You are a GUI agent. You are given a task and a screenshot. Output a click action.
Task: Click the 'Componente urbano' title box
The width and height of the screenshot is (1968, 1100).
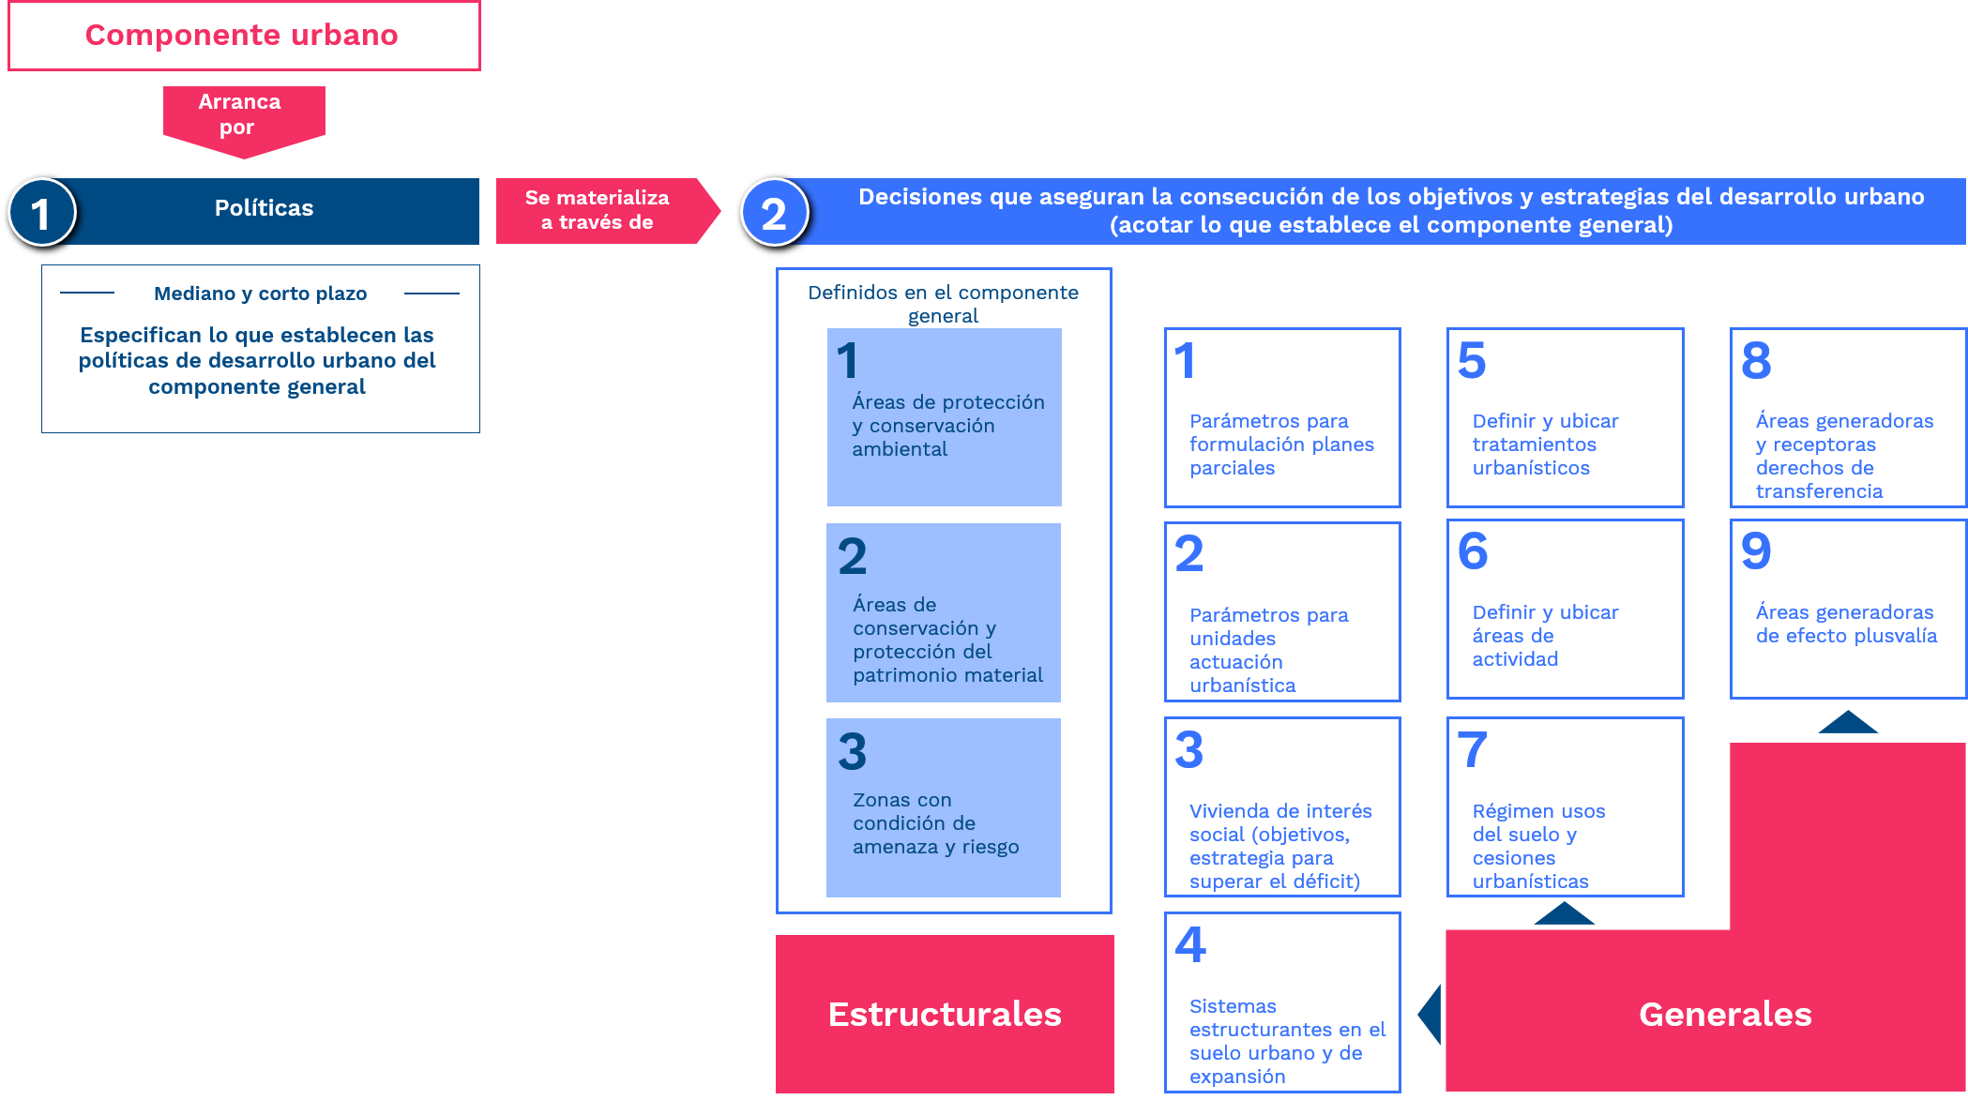coord(244,36)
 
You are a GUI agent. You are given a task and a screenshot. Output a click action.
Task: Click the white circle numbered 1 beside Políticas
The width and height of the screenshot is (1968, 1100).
coord(41,213)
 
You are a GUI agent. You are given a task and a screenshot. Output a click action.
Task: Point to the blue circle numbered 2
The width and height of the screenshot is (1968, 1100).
coord(774,213)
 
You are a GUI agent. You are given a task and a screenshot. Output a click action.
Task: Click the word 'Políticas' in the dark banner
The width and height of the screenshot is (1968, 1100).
coord(264,208)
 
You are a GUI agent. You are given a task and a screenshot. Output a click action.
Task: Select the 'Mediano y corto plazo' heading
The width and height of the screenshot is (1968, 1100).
coord(260,294)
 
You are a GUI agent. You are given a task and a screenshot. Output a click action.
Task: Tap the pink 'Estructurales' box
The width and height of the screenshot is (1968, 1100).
coord(945,1014)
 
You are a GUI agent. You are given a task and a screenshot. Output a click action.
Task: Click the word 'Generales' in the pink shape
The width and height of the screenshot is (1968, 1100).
coord(1725,1015)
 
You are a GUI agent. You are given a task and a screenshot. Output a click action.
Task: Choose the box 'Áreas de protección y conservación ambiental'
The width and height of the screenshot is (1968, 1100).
coord(944,417)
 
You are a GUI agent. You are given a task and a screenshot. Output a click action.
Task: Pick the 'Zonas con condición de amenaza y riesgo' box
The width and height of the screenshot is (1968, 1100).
coord(944,807)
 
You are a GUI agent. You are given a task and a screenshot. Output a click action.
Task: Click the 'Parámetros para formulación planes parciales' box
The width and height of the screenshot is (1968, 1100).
coord(1282,417)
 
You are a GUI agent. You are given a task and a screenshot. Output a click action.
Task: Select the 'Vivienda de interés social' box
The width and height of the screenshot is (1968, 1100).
coord(1282,807)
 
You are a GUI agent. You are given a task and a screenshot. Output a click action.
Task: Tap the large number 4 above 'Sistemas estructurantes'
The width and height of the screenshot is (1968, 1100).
coord(1190,944)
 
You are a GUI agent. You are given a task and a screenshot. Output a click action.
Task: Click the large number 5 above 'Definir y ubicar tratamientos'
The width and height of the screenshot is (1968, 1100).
coord(1472,360)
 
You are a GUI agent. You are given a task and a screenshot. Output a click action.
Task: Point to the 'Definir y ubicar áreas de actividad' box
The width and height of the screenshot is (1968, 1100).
coord(1565,610)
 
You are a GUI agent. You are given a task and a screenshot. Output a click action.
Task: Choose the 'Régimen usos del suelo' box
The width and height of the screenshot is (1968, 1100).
coord(1565,807)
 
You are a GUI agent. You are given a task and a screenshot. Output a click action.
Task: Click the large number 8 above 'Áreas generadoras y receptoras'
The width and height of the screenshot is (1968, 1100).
coord(1756,360)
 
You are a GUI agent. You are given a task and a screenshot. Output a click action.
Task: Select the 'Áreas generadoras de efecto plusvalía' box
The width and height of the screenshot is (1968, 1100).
coord(1848,610)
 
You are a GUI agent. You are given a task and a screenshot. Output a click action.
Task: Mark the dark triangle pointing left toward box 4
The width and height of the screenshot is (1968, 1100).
coord(1431,1014)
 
